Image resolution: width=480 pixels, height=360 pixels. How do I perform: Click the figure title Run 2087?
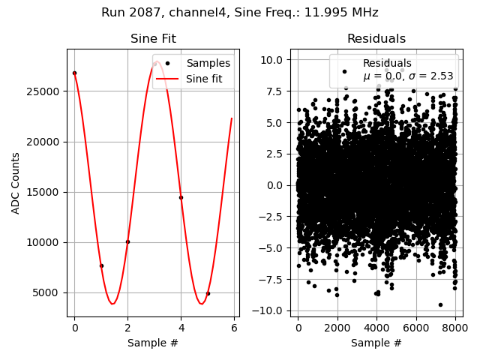pyautogui.click(x=240, y=13)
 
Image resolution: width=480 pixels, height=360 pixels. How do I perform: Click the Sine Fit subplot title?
pyautogui.click(x=153, y=39)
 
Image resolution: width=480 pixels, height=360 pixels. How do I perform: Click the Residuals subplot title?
pyautogui.click(x=376, y=39)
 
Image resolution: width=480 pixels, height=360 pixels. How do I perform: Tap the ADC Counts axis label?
pyautogui.click(x=16, y=183)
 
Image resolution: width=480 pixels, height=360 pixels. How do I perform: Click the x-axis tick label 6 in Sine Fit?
pyautogui.click(x=234, y=328)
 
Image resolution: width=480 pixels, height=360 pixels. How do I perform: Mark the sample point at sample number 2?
pyautogui.click(x=127, y=241)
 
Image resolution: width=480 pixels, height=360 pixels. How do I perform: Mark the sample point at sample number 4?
pyautogui.click(x=181, y=197)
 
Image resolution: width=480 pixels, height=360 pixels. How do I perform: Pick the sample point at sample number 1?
pyautogui.click(x=101, y=265)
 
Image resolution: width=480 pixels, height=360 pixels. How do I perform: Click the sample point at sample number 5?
pyautogui.click(x=208, y=293)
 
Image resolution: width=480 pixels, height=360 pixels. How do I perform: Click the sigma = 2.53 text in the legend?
pyautogui.click(x=429, y=76)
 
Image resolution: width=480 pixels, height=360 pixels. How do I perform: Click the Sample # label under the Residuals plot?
pyautogui.click(x=376, y=343)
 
